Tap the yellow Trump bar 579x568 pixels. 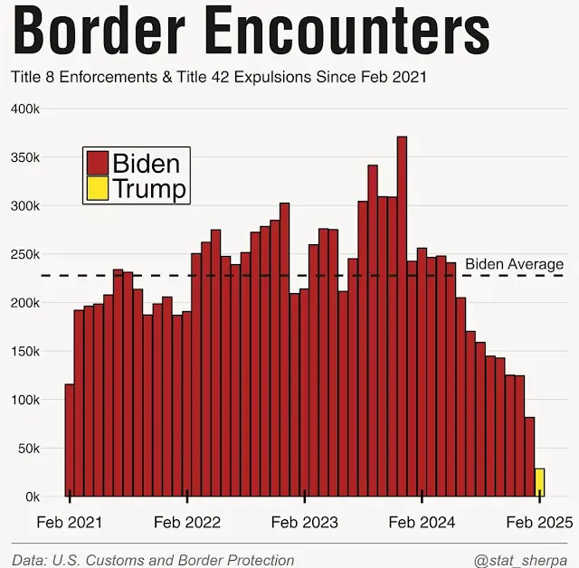pyautogui.click(x=540, y=483)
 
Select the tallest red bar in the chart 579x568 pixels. pyautogui.click(x=402, y=317)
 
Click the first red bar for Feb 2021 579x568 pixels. pyautogui.click(x=70, y=440)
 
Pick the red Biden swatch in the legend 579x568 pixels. pyautogui.click(x=97, y=164)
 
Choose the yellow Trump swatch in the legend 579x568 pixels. pyautogui.click(x=97, y=188)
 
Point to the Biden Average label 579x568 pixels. pyautogui.click(x=514, y=264)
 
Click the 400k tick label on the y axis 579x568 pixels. pyautogui.click(x=24, y=109)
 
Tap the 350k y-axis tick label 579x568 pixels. pyautogui.click(x=24, y=157)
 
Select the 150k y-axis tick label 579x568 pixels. pyautogui.click(x=24, y=352)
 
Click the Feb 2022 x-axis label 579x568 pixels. pyautogui.click(x=187, y=523)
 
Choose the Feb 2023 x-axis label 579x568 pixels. pyautogui.click(x=305, y=523)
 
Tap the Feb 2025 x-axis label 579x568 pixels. pyautogui.click(x=539, y=523)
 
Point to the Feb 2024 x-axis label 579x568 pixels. pyautogui.click(x=422, y=523)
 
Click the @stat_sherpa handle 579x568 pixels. pyautogui.click(x=526, y=560)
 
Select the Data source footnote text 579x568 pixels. pyautogui.click(x=153, y=560)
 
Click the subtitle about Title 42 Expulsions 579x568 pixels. pyautogui.click(x=218, y=77)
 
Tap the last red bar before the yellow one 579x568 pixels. pyautogui.click(x=530, y=457)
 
